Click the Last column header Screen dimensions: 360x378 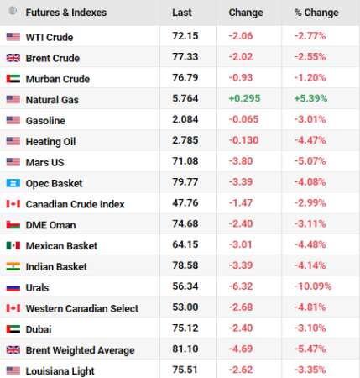[x=182, y=13]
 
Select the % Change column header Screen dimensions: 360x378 [x=316, y=13]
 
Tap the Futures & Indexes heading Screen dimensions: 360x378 [x=66, y=13]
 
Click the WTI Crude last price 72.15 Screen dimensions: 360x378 [x=185, y=36]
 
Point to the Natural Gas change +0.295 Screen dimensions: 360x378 [x=244, y=98]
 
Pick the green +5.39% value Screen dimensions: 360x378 [x=310, y=98]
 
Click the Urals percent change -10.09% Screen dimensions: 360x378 [x=313, y=286]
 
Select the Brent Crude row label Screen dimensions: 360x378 [x=53, y=58]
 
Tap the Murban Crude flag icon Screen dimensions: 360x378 [x=13, y=79]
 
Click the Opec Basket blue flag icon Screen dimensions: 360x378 [x=13, y=183]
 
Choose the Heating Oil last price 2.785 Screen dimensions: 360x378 [x=185, y=140]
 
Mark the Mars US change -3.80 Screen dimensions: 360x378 [x=241, y=161]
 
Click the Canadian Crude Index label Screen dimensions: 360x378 [x=75, y=204]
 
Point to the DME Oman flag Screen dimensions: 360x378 [x=13, y=225]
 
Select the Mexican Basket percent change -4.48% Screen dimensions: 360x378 [x=310, y=244]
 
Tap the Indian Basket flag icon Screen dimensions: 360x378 [x=13, y=267]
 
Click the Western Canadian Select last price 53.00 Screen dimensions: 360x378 [x=185, y=307]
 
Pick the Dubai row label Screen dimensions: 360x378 [x=39, y=329]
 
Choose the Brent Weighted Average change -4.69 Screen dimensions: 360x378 [x=241, y=349]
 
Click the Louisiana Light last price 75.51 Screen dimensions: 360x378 [x=185, y=370]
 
